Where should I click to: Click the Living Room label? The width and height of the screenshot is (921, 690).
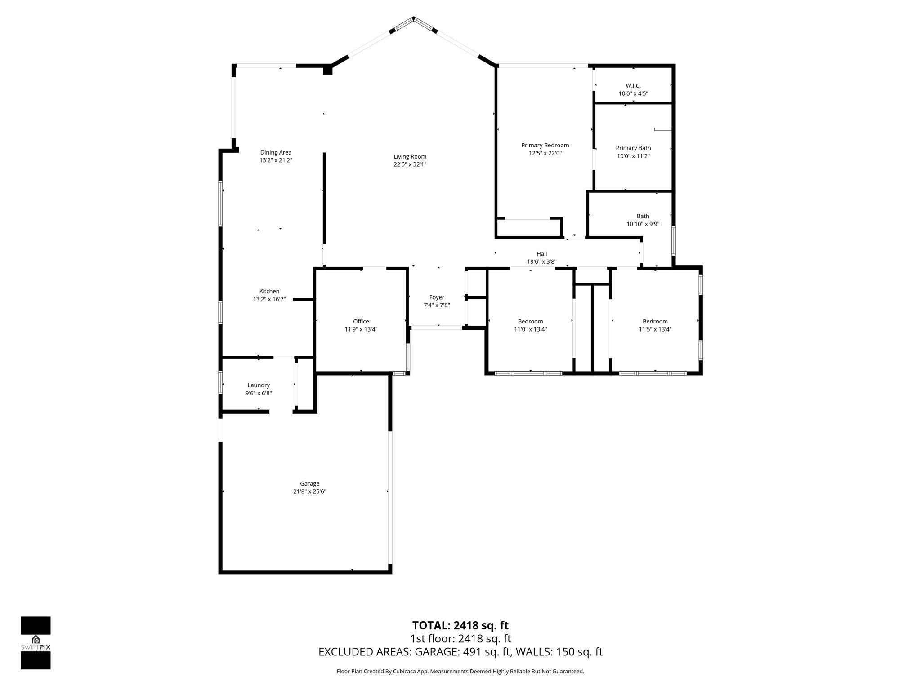tap(410, 156)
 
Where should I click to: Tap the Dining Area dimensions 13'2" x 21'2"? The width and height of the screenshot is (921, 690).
tap(276, 160)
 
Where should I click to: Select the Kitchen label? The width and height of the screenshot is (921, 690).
tap(269, 291)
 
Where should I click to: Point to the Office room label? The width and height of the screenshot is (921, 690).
tap(361, 321)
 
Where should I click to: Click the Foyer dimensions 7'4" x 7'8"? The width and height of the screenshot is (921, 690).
tap(436, 305)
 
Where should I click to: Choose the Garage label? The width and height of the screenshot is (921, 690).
tap(309, 483)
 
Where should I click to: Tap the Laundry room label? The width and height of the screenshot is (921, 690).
tap(259, 385)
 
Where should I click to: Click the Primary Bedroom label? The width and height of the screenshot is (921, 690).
tap(545, 145)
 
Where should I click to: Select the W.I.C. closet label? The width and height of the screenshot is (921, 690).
tap(633, 85)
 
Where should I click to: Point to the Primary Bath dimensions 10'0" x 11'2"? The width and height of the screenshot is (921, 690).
tap(633, 156)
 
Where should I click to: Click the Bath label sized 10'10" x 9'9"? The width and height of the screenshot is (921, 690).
tap(643, 216)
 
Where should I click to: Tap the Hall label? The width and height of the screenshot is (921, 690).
tap(541, 254)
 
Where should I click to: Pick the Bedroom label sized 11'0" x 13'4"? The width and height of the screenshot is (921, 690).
tap(530, 321)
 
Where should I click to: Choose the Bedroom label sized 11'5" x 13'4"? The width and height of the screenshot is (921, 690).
tap(655, 321)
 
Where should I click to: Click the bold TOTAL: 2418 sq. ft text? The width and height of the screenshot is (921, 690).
tap(460, 625)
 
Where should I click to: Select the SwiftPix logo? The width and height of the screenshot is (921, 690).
tap(36, 642)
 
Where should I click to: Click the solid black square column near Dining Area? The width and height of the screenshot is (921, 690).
tap(327, 70)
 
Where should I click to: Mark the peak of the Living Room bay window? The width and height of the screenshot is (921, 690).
tap(414, 18)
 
